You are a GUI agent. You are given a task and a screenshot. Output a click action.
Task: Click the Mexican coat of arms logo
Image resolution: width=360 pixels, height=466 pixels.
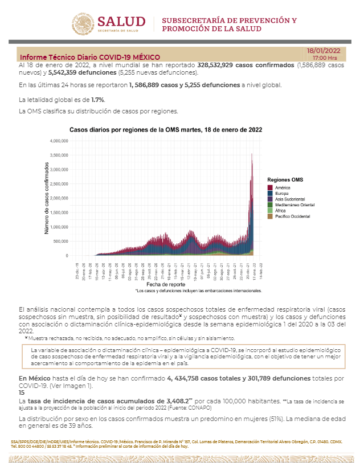[84, 24]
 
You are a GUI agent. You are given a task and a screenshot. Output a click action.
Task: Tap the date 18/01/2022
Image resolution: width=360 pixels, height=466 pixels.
[324, 50]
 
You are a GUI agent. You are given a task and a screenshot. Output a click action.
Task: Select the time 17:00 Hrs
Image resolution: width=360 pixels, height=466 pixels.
[325, 58]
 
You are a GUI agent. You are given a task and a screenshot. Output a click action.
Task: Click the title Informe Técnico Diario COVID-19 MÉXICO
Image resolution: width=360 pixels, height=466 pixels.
[90, 58]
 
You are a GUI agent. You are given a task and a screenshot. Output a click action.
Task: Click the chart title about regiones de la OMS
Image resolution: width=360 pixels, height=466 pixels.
[166, 130]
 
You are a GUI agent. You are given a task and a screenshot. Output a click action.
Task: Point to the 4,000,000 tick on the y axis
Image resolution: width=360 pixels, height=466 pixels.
[59, 141]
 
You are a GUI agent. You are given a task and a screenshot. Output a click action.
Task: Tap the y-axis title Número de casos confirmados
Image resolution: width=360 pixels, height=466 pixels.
[47, 198]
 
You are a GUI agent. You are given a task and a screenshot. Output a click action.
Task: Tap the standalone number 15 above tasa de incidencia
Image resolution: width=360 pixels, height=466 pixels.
[22, 393]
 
